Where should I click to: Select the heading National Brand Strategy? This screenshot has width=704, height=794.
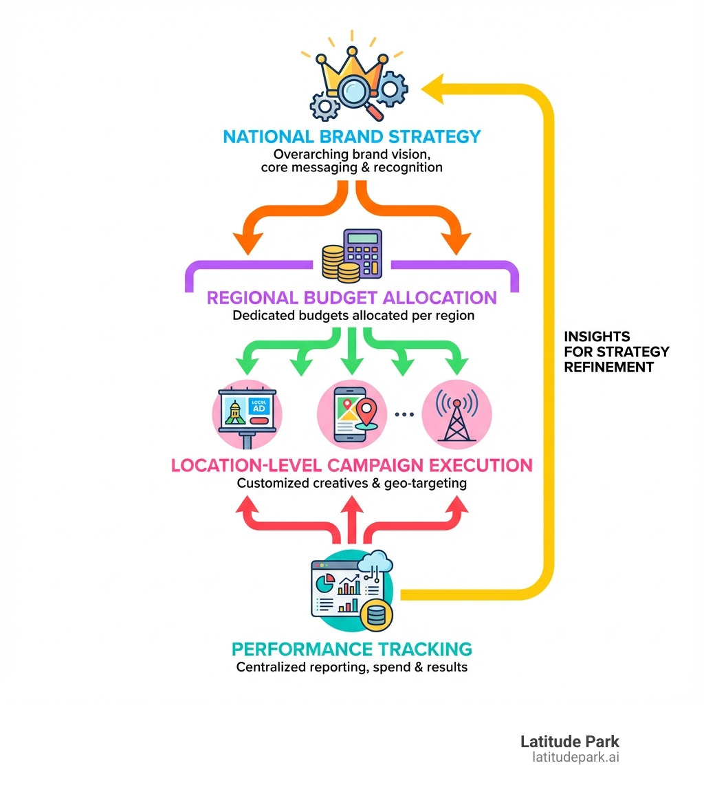(x=352, y=136)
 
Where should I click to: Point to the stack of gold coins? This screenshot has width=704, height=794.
(x=339, y=265)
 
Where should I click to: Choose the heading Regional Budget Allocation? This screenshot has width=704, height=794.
(x=352, y=297)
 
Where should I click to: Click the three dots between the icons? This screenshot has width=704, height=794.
(x=404, y=414)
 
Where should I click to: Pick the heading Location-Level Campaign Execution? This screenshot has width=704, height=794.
(x=352, y=465)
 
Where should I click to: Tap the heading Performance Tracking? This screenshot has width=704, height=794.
(x=352, y=648)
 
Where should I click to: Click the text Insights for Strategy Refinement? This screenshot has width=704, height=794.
(x=616, y=352)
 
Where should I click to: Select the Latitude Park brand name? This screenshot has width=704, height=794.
(x=569, y=742)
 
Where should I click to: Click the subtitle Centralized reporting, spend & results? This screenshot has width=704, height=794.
(x=352, y=667)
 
